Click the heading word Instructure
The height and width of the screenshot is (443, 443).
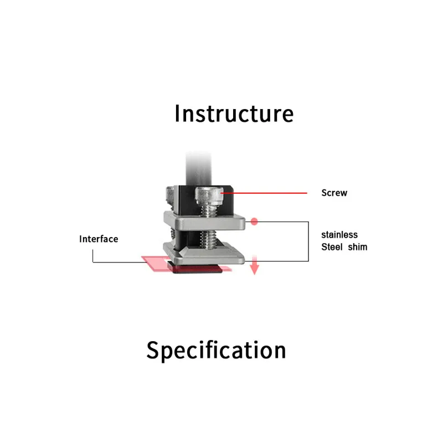[234, 114]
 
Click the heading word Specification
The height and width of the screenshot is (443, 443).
[216, 350]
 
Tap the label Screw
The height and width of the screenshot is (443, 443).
[334, 193]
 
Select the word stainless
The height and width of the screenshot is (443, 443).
[339, 235]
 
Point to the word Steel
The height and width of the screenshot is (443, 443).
[332, 246]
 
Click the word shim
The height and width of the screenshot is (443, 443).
[357, 246]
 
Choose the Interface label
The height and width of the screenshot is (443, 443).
[99, 239]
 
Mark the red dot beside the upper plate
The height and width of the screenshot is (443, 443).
[255, 221]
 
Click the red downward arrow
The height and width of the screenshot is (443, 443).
[255, 267]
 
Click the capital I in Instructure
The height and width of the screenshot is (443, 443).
[177, 114]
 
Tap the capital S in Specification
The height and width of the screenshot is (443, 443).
[153, 350]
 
